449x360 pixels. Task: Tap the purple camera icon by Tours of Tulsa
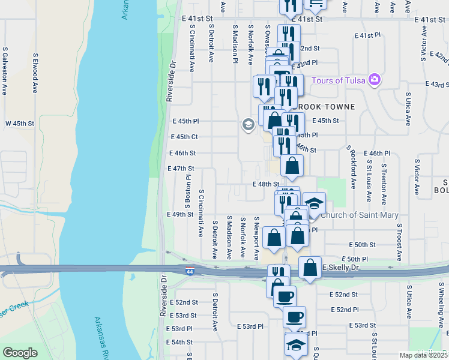click(375, 79)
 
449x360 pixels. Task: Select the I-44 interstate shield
click(190, 271)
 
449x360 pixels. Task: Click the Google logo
click(20, 353)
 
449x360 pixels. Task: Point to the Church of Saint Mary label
click(360, 215)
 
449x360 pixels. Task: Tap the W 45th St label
click(20, 123)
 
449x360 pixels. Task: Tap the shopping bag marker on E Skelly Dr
click(310, 268)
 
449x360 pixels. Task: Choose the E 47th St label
click(181, 169)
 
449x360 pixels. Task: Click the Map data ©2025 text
click(424, 355)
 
